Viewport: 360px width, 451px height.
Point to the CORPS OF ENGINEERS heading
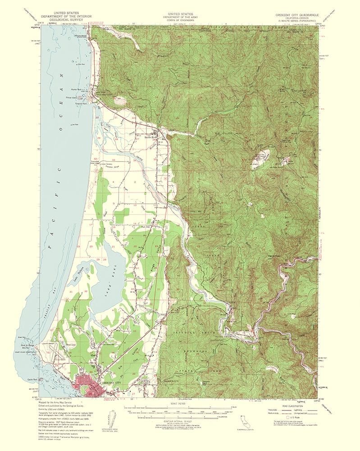180,20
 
